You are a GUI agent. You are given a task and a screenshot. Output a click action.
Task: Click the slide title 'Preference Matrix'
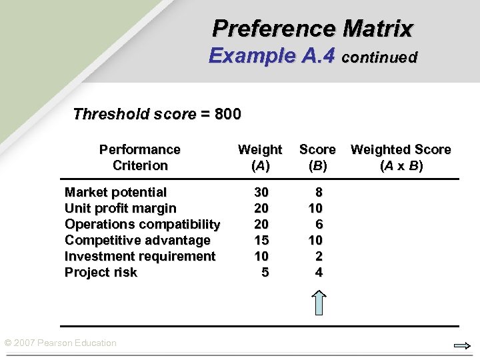[x=313, y=29]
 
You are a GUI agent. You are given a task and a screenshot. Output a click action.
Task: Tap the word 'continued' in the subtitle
[x=379, y=57]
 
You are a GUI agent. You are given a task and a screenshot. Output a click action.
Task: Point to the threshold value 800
[x=228, y=114]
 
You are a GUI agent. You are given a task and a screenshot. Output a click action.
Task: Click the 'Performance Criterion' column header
[x=139, y=157]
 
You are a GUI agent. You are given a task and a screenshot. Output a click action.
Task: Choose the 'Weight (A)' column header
[x=260, y=157]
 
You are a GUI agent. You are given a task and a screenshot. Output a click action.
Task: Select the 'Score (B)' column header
[x=317, y=157]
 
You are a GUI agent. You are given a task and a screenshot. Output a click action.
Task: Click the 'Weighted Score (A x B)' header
[x=401, y=157]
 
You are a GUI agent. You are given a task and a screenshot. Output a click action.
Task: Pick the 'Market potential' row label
[x=115, y=192]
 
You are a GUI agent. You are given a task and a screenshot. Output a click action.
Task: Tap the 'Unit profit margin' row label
[x=120, y=208]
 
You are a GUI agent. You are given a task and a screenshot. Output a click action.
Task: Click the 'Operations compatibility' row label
[x=142, y=224]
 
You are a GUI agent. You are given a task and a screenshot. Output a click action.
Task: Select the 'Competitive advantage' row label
[x=137, y=240]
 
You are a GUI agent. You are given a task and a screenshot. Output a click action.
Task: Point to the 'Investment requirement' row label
[x=140, y=256]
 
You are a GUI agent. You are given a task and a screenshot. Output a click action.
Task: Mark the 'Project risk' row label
[x=101, y=272]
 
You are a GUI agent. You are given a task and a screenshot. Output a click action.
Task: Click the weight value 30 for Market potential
[x=261, y=192]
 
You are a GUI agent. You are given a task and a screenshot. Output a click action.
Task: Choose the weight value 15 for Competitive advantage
[x=261, y=240]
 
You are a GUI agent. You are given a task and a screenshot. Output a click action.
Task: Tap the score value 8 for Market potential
[x=319, y=192]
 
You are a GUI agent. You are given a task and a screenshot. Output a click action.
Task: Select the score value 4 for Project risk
[x=319, y=272]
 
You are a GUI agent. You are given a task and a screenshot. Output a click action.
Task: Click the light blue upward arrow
[x=319, y=302]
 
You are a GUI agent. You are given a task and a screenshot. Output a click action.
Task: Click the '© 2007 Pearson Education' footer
[x=61, y=343]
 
